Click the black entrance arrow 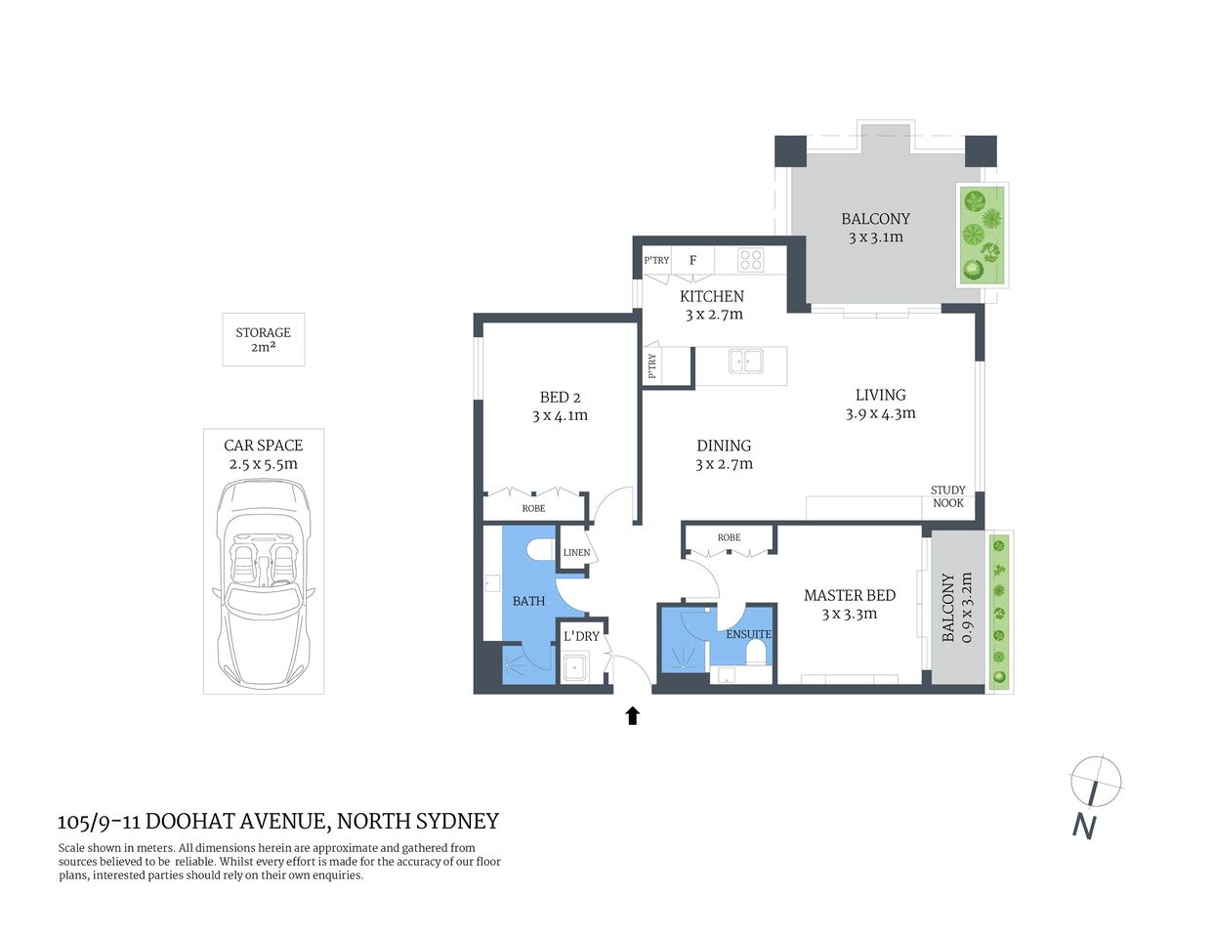(632, 716)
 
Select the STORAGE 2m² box (263, 339)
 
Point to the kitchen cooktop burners (750, 260)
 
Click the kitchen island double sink (745, 362)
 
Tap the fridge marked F (693, 260)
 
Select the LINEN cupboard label (576, 552)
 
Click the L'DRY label (581, 636)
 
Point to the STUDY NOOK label (947, 496)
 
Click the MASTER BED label (849, 595)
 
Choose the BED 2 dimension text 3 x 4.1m (560, 415)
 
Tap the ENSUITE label (748, 634)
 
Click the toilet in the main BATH (536, 551)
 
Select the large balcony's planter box (981, 234)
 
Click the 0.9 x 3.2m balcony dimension (967, 608)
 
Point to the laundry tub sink (573, 669)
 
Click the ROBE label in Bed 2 (533, 509)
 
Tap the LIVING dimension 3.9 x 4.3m (880, 413)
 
